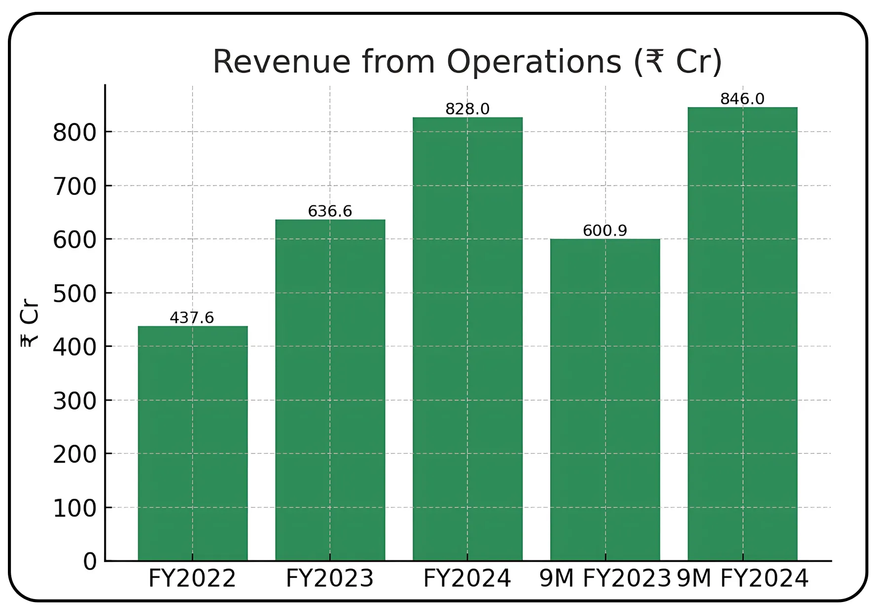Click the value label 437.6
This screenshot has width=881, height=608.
[192, 318]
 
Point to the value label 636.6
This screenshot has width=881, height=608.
[330, 211]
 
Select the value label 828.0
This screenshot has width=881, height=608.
[467, 109]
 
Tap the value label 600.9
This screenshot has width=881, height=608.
[605, 230]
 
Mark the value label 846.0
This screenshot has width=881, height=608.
[742, 99]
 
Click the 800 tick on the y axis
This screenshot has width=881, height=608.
[75, 133]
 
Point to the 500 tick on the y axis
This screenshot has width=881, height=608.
[75, 294]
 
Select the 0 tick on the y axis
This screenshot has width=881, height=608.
[90, 562]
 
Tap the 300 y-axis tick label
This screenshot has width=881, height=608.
[75, 401]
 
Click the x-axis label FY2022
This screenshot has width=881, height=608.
[192, 578]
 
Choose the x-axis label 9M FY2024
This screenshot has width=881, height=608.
[742, 578]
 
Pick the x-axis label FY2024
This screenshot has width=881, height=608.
[467, 578]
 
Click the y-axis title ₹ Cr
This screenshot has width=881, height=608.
[30, 324]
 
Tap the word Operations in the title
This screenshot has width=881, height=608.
[534, 62]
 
